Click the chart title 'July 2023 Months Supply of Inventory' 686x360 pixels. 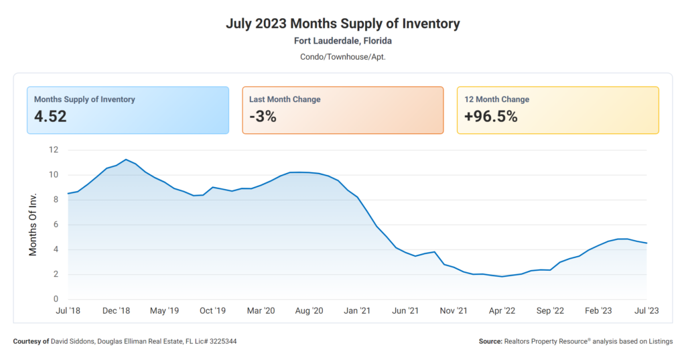(x=342, y=23)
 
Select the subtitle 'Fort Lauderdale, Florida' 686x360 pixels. (x=342, y=41)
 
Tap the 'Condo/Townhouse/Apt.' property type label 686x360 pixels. (x=342, y=57)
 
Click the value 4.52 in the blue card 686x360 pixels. (x=50, y=117)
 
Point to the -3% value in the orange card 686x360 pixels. (x=263, y=117)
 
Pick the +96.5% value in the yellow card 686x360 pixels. (x=491, y=117)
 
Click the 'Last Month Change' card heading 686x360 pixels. (x=285, y=99)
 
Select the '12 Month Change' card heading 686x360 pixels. (x=496, y=99)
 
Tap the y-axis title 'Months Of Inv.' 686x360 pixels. (x=33, y=224)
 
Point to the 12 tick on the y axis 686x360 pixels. (x=54, y=149)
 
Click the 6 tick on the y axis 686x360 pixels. (x=56, y=225)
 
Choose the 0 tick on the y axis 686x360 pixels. (x=56, y=299)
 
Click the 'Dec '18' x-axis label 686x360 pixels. (x=116, y=311)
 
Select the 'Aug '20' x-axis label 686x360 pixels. (x=309, y=311)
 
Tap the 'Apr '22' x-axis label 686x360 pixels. (x=502, y=311)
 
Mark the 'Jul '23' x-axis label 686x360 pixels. (x=646, y=311)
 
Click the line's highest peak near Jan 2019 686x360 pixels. (x=126, y=160)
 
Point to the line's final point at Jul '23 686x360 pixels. (x=646, y=243)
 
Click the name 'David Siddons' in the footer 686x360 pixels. (x=72, y=342)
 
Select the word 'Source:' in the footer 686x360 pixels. (x=490, y=342)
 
